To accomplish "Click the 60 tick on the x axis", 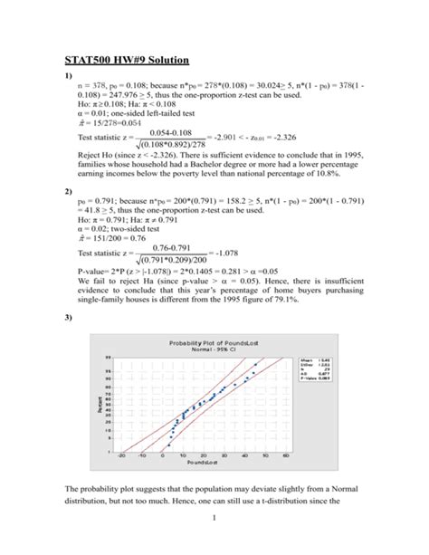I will (x=284, y=454).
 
